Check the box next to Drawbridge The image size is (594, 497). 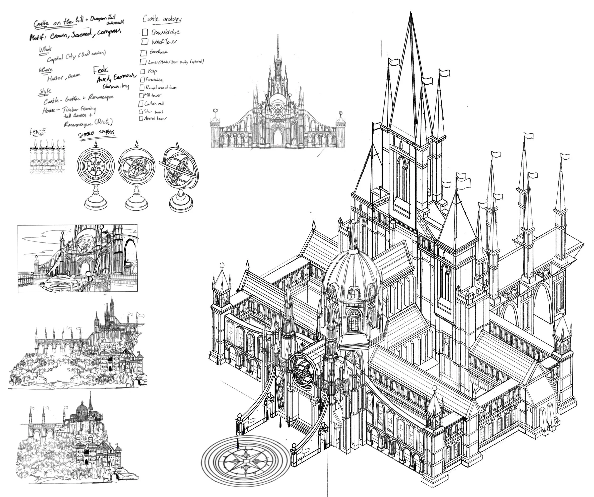(x=145, y=32)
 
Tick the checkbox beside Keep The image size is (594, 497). (x=143, y=71)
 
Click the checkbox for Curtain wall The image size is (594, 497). (x=141, y=104)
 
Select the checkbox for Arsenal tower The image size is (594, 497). (x=141, y=119)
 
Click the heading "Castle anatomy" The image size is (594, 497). (x=162, y=19)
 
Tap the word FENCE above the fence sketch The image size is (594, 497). (x=38, y=132)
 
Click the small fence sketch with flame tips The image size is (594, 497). (x=48, y=156)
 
